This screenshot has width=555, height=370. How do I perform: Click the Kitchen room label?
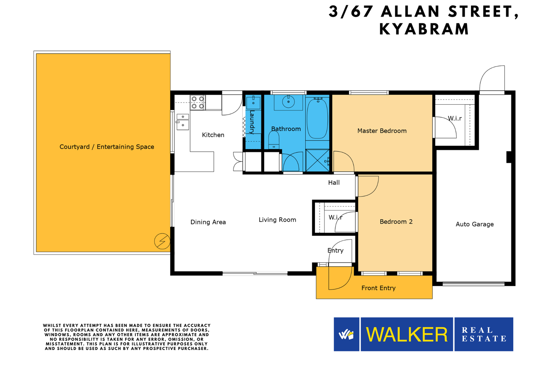(x=213, y=135)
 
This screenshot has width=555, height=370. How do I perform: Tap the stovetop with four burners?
(x=198, y=102)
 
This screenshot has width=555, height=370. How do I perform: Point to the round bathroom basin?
(x=288, y=101)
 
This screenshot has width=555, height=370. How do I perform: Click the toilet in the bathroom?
(x=274, y=140)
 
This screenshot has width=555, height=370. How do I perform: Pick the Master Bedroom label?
(x=382, y=131)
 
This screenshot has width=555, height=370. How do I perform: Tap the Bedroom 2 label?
(x=396, y=222)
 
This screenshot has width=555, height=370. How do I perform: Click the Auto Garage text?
(x=474, y=224)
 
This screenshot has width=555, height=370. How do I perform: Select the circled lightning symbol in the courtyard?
(x=162, y=241)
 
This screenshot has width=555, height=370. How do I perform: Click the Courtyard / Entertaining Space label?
(x=107, y=147)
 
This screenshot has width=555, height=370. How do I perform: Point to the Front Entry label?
(x=379, y=288)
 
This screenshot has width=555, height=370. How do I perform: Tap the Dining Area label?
(x=208, y=222)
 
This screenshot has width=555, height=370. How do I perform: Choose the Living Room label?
(x=277, y=220)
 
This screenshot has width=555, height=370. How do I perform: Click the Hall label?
(x=334, y=183)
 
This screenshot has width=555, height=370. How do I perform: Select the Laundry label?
(x=252, y=122)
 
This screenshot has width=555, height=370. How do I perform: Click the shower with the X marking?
(x=317, y=160)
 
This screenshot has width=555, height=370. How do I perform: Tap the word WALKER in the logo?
(x=407, y=334)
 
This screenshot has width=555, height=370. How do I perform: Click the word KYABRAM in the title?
(x=424, y=29)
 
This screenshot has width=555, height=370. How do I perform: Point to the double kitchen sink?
(x=183, y=122)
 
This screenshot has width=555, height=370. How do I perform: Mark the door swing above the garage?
(x=492, y=78)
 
